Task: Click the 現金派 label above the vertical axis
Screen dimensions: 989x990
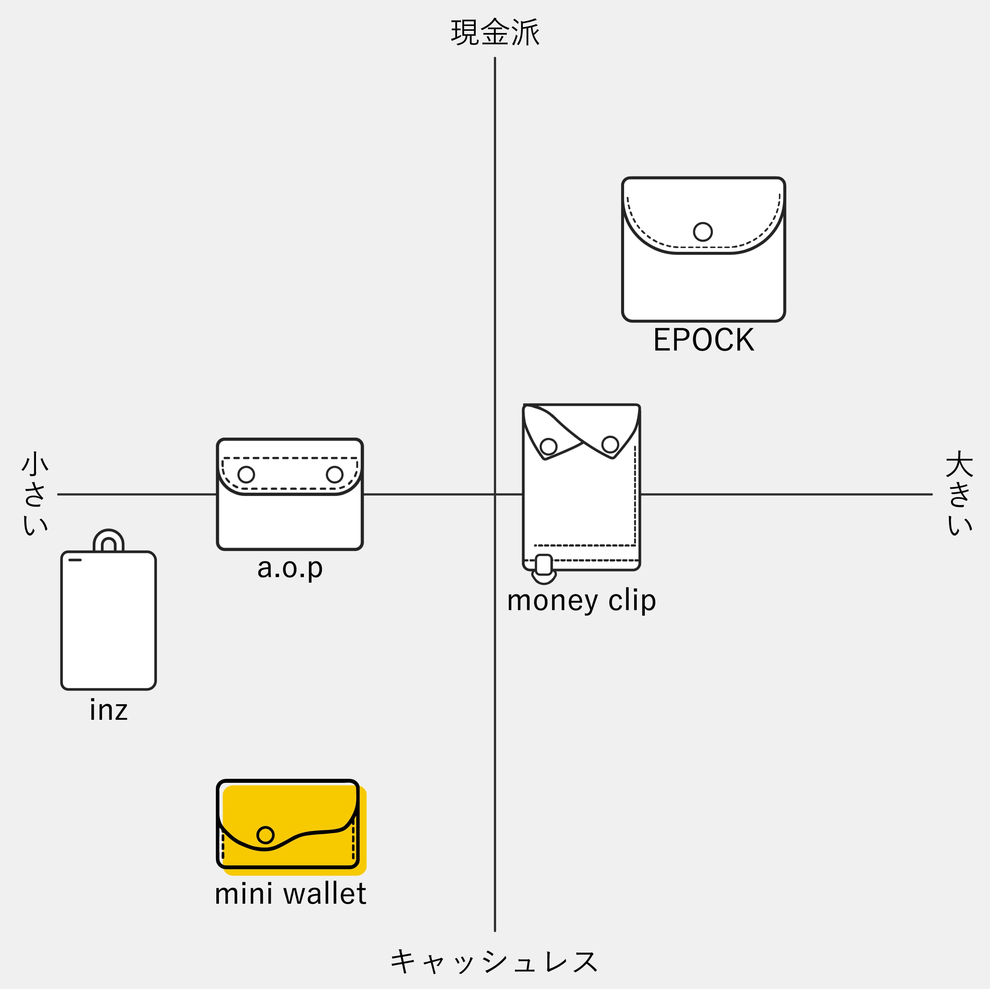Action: coord(495,32)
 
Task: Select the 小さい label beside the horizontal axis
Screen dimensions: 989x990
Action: coord(35,493)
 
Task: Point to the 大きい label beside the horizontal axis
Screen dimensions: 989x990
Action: coord(959,493)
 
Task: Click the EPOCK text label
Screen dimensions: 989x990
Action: coord(704,340)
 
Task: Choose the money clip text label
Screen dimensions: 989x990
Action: coord(581,600)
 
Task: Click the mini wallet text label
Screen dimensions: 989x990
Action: coord(290,894)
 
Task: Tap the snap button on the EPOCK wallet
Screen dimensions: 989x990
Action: coord(702,231)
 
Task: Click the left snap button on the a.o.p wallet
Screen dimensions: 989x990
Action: coord(246,474)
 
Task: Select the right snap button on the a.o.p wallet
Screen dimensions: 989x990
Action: coord(335,474)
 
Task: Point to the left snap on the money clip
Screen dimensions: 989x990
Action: coord(548,446)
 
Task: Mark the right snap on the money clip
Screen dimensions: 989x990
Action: coord(610,444)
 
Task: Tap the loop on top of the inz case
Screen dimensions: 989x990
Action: coord(108,539)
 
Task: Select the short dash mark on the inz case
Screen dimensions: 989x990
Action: coord(75,560)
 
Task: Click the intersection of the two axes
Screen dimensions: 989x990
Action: coord(495,494)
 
